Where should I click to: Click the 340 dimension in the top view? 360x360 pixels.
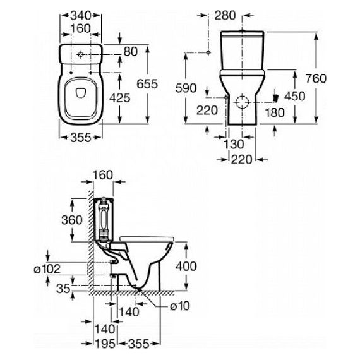[x=80, y=16]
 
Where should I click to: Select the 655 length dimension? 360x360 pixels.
[x=147, y=84]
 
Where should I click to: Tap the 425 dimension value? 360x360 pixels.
[x=119, y=98]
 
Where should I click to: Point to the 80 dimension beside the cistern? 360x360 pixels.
[x=131, y=52]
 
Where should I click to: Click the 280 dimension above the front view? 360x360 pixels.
[x=225, y=16]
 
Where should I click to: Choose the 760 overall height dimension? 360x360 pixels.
[x=316, y=78]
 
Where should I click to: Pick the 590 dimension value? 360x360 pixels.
[x=186, y=88]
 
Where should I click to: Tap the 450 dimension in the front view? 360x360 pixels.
[x=294, y=96]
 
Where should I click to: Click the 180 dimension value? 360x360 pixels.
[x=275, y=112]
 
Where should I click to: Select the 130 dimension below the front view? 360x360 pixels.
[x=234, y=144]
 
